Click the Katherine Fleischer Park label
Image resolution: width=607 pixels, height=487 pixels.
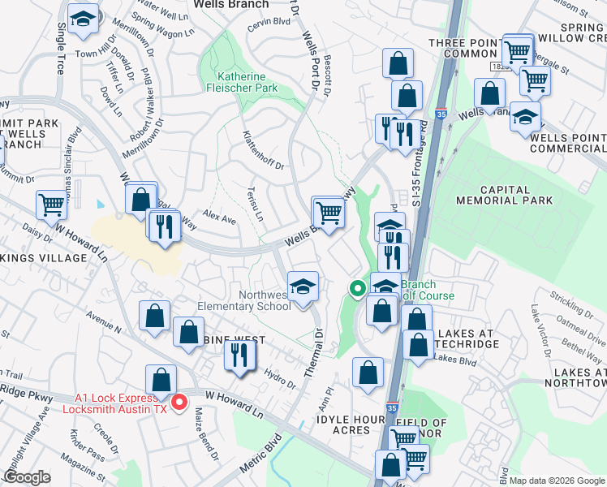246,82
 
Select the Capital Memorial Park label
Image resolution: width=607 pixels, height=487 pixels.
504,193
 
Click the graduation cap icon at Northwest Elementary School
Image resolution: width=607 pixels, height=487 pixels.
303,287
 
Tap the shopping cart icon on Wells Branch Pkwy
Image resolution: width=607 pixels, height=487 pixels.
329,213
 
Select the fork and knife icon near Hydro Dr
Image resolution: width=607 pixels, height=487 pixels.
240,355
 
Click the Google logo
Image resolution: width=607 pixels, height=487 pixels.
27,476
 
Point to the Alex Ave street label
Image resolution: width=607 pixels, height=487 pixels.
219,219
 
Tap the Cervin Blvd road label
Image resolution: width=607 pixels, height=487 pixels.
269,22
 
